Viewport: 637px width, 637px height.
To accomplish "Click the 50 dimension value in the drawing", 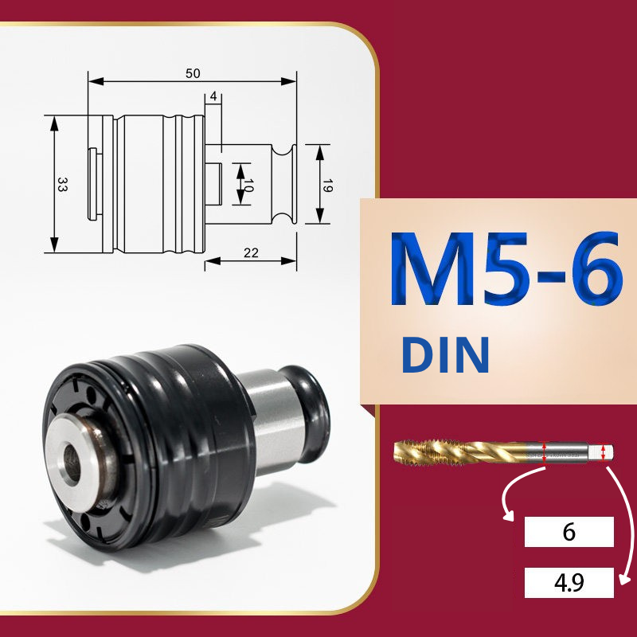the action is coord(193,73).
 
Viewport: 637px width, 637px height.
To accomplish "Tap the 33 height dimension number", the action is coord(62,184).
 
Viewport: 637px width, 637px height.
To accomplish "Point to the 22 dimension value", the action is coord(251,253).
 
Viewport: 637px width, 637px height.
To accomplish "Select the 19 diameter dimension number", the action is coord(327,185).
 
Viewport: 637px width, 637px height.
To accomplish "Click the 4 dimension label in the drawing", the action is coord(213,96).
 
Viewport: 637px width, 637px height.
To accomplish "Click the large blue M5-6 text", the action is coord(506,268).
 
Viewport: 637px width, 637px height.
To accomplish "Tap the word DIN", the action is coord(445,354).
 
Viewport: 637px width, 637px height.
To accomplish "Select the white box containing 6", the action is coord(569,531).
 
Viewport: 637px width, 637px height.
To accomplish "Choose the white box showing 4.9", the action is coord(569,583).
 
